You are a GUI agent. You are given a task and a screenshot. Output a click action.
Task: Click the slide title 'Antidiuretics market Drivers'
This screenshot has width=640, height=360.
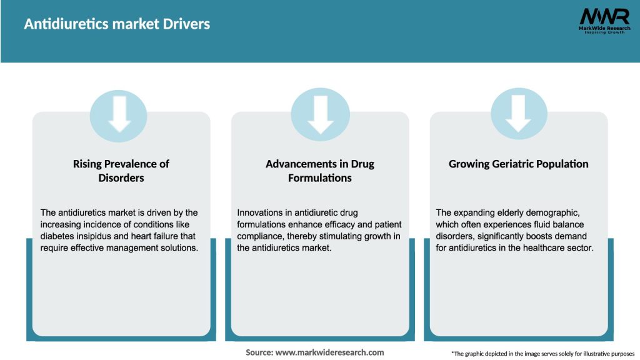tap(117, 24)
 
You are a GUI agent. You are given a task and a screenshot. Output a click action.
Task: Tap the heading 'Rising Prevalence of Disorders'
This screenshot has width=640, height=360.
tap(121, 171)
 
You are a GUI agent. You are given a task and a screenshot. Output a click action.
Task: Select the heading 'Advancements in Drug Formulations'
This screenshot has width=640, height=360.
tap(320, 171)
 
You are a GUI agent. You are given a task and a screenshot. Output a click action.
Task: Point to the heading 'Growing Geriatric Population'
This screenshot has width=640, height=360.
tap(519, 164)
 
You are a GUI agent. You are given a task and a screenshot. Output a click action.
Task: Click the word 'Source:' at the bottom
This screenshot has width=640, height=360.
tap(259, 352)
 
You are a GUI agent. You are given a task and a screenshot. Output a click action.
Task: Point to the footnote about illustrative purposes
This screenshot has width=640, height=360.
tap(542, 354)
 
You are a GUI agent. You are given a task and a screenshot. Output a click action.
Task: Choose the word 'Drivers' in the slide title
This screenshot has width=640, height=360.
tap(187, 24)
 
